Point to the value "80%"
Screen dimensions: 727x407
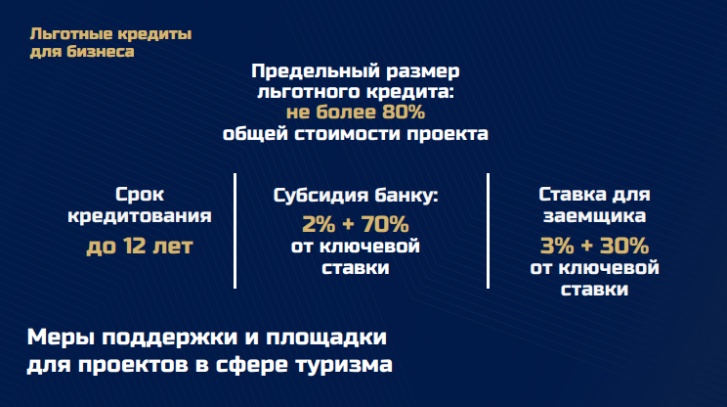tap(404, 112)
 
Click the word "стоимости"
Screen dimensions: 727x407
tap(348, 134)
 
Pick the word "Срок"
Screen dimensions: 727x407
tap(139, 195)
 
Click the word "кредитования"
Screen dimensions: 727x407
tap(139, 216)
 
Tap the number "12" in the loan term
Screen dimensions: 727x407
tap(135, 246)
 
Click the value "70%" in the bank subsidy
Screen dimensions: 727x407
tap(385, 224)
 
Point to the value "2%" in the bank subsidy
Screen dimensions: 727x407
tap(319, 224)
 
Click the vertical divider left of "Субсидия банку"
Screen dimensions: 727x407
tap(235, 231)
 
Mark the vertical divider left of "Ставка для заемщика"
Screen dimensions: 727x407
tap(489, 231)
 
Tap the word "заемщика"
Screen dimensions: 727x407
tap(594, 216)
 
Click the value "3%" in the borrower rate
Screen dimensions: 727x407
tap(557, 246)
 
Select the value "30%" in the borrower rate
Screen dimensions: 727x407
tap(624, 246)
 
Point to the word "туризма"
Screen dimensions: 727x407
tap(344, 365)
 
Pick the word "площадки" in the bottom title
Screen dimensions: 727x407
tap(326, 338)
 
